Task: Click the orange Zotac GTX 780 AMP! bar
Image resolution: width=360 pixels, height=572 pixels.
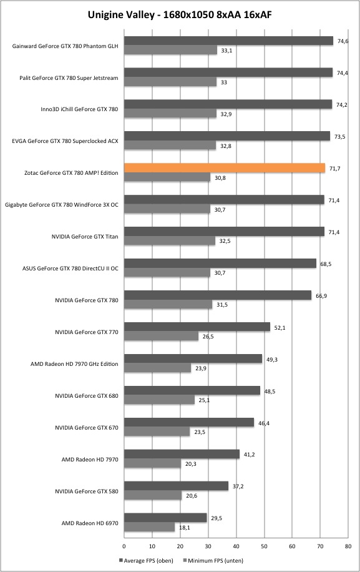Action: point(225,168)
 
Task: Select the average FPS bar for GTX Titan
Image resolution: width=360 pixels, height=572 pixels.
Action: point(224,232)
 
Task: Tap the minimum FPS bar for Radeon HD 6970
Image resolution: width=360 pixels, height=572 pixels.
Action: point(149,527)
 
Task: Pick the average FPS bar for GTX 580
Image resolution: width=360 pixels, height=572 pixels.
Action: point(177,486)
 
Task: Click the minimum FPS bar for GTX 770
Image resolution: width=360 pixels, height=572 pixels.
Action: point(162,337)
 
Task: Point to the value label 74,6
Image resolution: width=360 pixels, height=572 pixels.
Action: point(343,41)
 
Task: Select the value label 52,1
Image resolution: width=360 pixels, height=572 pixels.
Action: point(280,328)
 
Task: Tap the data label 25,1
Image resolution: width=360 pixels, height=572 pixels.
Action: point(204,400)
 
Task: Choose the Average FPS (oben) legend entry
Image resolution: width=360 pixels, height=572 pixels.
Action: point(146,560)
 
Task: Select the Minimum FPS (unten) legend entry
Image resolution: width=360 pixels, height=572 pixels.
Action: point(213,560)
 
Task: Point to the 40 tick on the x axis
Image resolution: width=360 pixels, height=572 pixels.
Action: point(236,546)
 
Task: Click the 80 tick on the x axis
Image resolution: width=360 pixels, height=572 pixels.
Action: point(348,546)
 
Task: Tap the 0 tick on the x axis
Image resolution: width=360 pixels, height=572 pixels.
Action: point(124,546)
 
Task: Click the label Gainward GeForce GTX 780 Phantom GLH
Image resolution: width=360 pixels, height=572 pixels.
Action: point(66,46)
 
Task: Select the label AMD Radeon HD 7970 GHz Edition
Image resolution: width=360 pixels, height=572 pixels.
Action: point(74,363)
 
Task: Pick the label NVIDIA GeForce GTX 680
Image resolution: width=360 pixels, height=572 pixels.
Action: point(87,395)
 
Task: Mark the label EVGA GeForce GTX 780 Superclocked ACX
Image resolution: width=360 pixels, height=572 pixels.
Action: point(66,141)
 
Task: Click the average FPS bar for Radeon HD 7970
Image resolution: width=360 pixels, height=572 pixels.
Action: point(182,454)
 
